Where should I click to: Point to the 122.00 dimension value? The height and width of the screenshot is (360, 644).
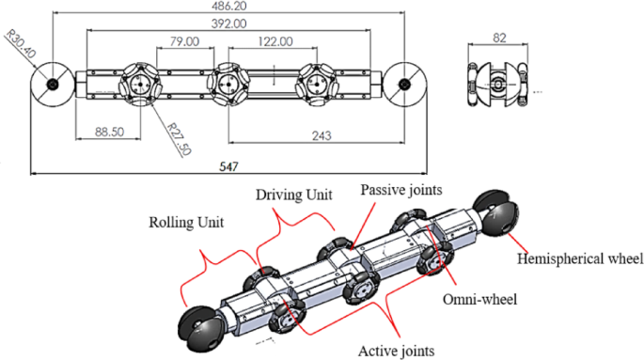274,42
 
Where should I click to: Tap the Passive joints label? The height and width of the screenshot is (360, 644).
398,189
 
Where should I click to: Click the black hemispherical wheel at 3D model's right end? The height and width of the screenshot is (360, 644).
496,214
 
